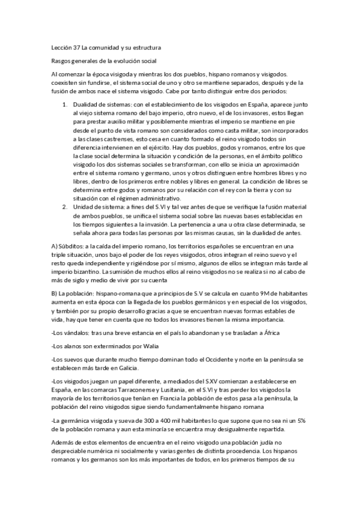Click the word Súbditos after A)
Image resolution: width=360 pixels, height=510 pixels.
click(x=72, y=247)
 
